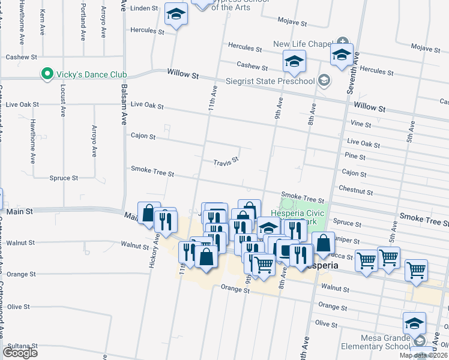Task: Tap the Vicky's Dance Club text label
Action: [90, 74]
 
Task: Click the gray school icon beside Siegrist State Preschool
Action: [324, 80]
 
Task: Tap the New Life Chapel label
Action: [303, 44]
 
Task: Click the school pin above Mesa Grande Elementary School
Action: [414, 323]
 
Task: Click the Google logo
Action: [20, 352]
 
